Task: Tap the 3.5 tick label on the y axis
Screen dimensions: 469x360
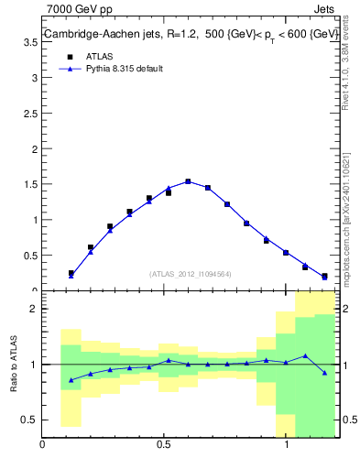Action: pos(30,43)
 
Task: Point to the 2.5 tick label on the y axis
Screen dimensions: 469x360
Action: pos(30,114)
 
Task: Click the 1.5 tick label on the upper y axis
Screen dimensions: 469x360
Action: pos(30,184)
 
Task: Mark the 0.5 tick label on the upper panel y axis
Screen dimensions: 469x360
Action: pos(30,255)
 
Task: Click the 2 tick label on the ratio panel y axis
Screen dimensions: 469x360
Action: pos(34,309)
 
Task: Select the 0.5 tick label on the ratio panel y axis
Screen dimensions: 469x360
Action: pos(30,420)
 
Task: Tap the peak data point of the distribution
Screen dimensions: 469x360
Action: pos(188,181)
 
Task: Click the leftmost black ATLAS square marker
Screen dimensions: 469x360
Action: pos(71,273)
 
